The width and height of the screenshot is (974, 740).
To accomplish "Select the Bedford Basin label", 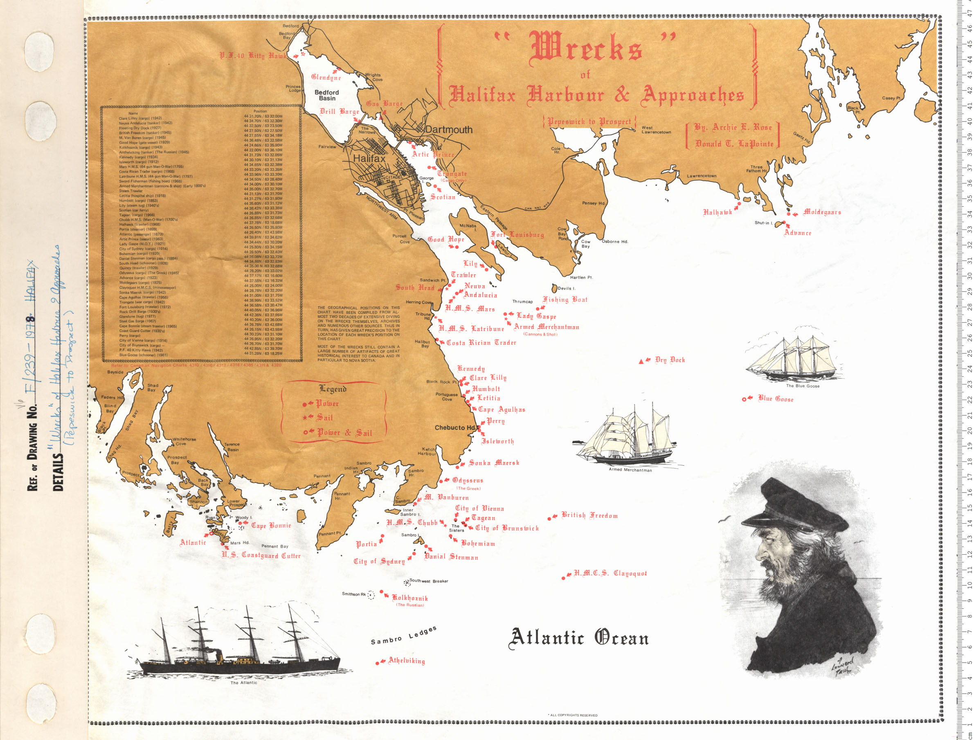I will pyautogui.click(x=326, y=95).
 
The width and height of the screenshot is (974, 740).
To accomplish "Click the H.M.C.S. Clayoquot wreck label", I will pyautogui.click(x=610, y=574).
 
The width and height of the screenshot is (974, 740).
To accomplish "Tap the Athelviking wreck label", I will pyautogui.click(x=407, y=661).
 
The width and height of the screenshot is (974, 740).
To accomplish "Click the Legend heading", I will pyautogui.click(x=333, y=389).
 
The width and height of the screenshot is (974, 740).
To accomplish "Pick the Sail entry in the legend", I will pyautogui.click(x=325, y=418).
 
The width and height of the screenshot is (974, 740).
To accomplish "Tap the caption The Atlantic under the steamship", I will pyautogui.click(x=244, y=683).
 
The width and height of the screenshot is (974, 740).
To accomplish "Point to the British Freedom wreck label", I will pyautogui.click(x=589, y=515).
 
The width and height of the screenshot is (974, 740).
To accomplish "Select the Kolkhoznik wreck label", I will pyautogui.click(x=410, y=598).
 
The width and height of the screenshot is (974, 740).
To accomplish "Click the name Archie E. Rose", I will pyautogui.click(x=733, y=127).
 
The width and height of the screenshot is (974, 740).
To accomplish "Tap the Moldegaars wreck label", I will pyautogui.click(x=822, y=212).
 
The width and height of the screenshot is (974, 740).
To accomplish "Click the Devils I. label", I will pyautogui.click(x=567, y=288).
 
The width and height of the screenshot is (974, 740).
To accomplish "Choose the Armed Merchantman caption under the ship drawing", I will pyautogui.click(x=630, y=470).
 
